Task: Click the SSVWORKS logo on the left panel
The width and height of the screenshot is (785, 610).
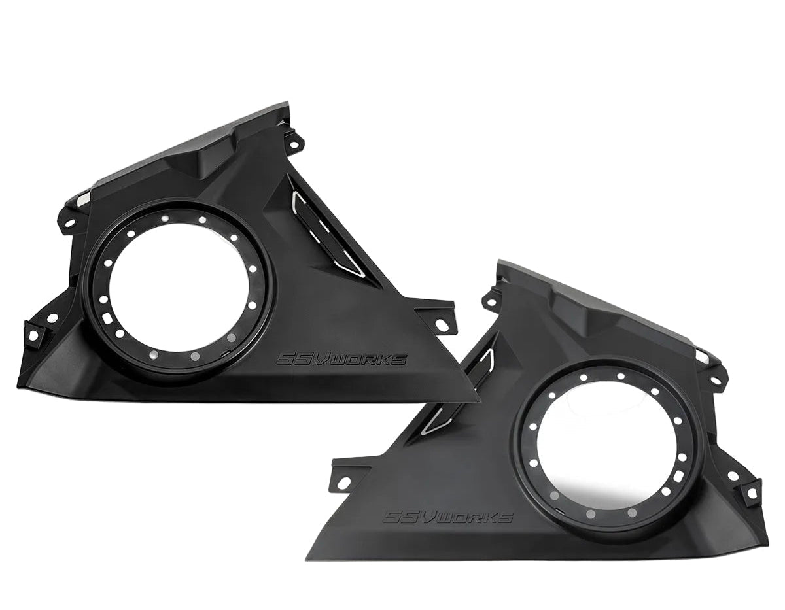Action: pyautogui.click(x=341, y=360)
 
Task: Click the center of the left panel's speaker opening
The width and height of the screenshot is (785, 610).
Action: pyautogui.click(x=179, y=288)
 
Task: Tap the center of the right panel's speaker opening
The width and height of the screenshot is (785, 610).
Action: pyautogui.click(x=607, y=445)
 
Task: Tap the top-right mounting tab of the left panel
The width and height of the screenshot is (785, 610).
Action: pyautogui.click(x=292, y=141)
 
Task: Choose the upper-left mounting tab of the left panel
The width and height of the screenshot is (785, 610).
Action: pyautogui.click(x=69, y=218)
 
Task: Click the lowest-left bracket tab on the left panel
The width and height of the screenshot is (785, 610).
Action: pyautogui.click(x=33, y=333)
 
